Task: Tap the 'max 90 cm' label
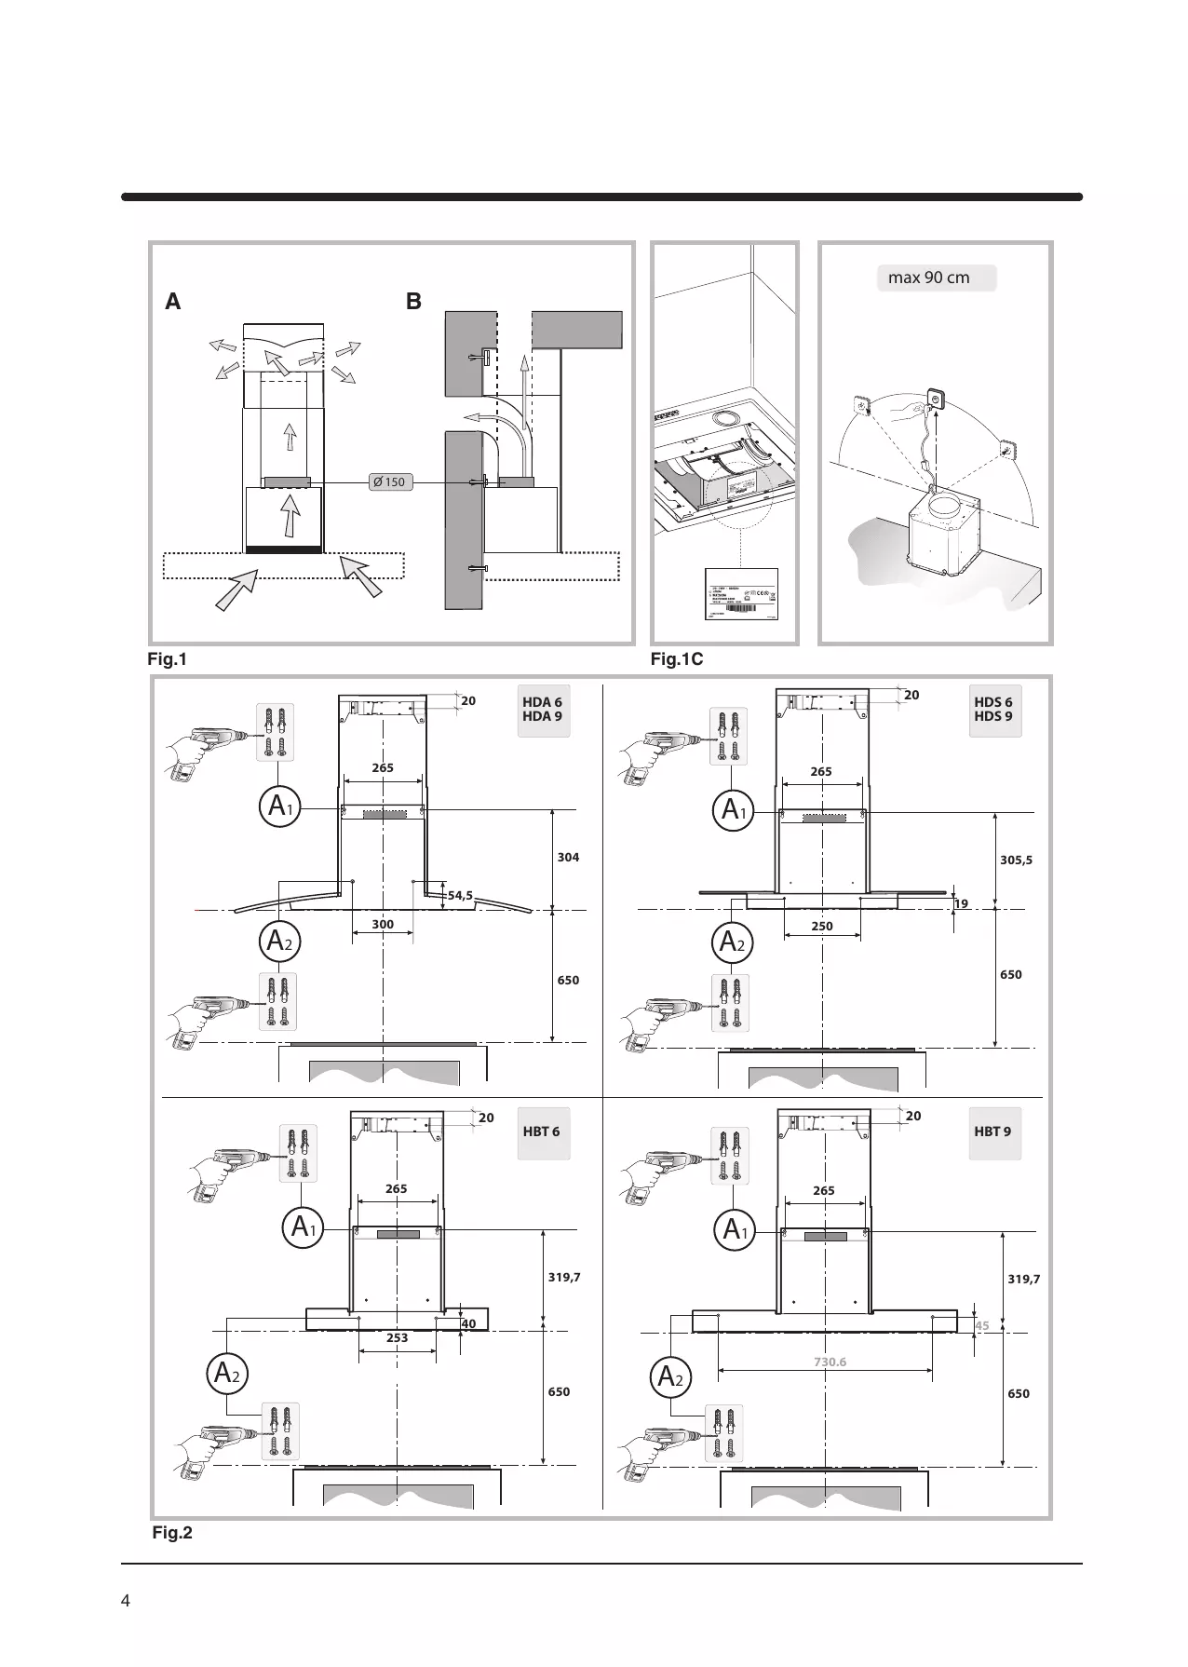pos(935,278)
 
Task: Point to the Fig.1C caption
pos(677,660)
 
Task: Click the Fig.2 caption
pos(172,1532)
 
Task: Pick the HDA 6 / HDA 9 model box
pos(543,710)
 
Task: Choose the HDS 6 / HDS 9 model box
pos(994,710)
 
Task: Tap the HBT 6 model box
pos(542,1132)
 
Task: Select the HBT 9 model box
pos(993,1132)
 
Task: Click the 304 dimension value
pos(568,857)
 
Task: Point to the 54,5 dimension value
pos(460,896)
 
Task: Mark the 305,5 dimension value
pos(1016,861)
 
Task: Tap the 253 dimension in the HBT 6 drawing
pos(398,1338)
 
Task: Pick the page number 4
pos(127,1600)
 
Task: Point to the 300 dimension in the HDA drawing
pos(383,925)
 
